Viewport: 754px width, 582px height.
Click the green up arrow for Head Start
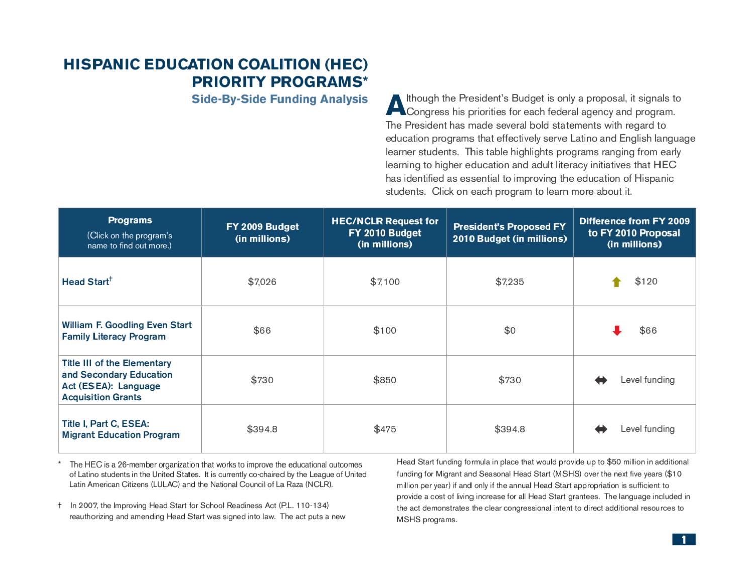616,282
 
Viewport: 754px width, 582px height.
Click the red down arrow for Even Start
617,330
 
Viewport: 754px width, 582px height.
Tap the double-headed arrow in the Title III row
601,380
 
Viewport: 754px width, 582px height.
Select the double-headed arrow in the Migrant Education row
601,429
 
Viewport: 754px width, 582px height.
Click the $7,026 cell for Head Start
262,282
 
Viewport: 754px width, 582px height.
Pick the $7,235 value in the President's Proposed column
509,282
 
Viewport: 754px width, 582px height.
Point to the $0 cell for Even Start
509,330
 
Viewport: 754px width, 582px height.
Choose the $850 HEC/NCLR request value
385,380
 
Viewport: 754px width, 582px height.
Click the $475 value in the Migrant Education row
385,429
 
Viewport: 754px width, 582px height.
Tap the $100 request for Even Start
385,330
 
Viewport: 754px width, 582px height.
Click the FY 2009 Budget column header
262,232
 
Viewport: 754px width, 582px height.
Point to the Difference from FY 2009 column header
634,232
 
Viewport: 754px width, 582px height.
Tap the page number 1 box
683,540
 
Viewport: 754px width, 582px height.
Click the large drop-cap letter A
396,105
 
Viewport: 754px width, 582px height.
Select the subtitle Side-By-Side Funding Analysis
279,99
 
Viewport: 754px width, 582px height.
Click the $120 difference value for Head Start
646,281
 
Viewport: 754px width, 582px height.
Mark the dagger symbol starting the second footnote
60,505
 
